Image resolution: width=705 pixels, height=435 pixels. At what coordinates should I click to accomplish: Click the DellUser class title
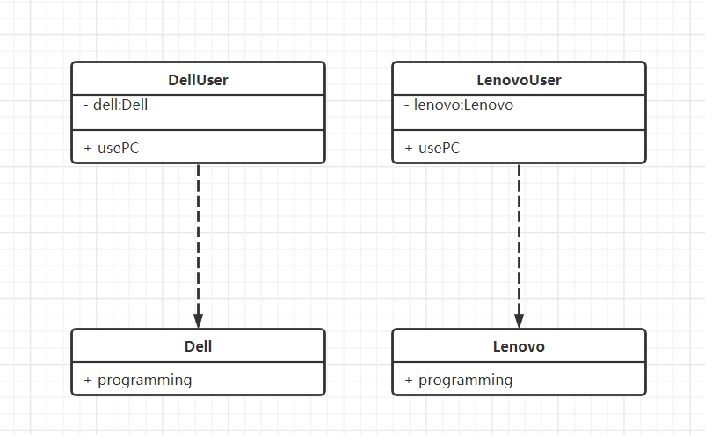tap(198, 80)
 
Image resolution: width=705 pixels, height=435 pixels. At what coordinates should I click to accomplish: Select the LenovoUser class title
tap(519, 80)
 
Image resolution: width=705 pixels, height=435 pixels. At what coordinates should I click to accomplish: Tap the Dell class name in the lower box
tap(198, 346)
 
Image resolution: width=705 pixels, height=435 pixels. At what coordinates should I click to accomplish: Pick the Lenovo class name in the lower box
tap(519, 346)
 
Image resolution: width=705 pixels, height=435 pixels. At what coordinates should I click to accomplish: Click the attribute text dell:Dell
tap(120, 105)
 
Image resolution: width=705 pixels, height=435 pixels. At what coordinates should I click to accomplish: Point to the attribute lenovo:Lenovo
tap(463, 105)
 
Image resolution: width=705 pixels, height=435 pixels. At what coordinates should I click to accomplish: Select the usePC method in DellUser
tap(119, 148)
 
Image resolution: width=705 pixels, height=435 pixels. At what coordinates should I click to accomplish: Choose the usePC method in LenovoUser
tap(440, 148)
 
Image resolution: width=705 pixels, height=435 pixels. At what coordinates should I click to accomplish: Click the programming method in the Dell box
tap(145, 381)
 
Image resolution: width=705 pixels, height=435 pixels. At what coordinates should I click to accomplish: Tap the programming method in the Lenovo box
tap(466, 381)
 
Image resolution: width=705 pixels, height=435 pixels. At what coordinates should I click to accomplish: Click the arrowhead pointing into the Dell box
tap(199, 321)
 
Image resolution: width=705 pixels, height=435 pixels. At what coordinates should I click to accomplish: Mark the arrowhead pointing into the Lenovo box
tap(519, 321)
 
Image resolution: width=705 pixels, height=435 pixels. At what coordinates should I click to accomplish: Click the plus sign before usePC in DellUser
tap(88, 148)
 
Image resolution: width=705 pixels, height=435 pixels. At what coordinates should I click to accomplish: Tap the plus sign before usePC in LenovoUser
tap(409, 148)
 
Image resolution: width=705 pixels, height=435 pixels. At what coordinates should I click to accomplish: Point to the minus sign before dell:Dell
tap(86, 106)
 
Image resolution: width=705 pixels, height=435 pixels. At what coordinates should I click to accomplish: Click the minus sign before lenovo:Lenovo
tap(407, 106)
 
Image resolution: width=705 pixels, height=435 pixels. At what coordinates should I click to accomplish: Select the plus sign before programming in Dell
tap(88, 381)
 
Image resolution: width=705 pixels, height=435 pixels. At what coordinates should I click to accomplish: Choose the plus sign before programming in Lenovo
tap(409, 381)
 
